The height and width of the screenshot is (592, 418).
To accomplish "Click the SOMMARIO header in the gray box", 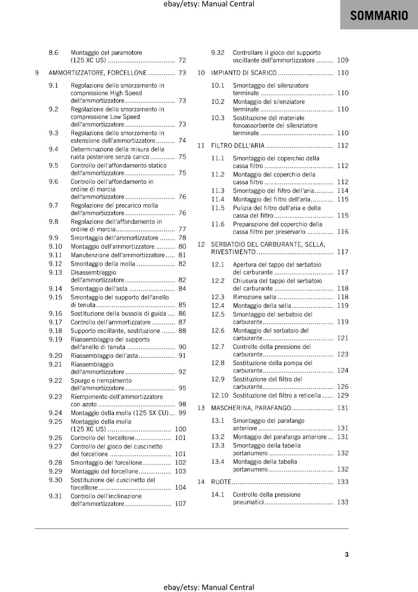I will (379, 15).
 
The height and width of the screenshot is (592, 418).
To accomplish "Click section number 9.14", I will (55, 289).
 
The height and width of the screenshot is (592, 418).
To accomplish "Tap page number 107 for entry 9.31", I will (180, 504).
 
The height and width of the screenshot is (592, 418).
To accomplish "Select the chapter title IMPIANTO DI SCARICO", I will (243, 73).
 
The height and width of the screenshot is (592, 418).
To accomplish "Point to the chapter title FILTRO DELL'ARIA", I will (237, 146).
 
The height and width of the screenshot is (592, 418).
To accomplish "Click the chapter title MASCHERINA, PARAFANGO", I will (251, 408).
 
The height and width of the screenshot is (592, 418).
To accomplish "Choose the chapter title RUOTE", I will (221, 482).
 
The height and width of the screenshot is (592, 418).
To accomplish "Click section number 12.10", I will (220, 396).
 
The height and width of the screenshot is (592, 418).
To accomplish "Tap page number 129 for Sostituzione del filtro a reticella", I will (343, 396).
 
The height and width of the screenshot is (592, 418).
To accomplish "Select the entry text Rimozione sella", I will (254, 297).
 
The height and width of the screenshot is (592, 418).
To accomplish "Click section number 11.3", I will (218, 191).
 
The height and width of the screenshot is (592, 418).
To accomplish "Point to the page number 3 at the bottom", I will (347, 554).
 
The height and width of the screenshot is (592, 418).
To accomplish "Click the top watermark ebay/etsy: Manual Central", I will (209, 4).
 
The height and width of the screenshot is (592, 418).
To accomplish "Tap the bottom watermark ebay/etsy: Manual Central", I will (209, 587).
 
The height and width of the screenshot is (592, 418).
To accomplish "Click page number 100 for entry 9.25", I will (180, 429).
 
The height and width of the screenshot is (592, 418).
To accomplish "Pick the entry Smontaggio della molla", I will (103, 264).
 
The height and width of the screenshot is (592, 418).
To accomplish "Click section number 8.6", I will (54, 53).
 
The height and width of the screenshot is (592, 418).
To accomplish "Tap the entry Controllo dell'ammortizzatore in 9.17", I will (111, 322).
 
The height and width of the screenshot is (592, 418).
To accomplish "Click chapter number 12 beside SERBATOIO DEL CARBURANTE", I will (201, 244).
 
